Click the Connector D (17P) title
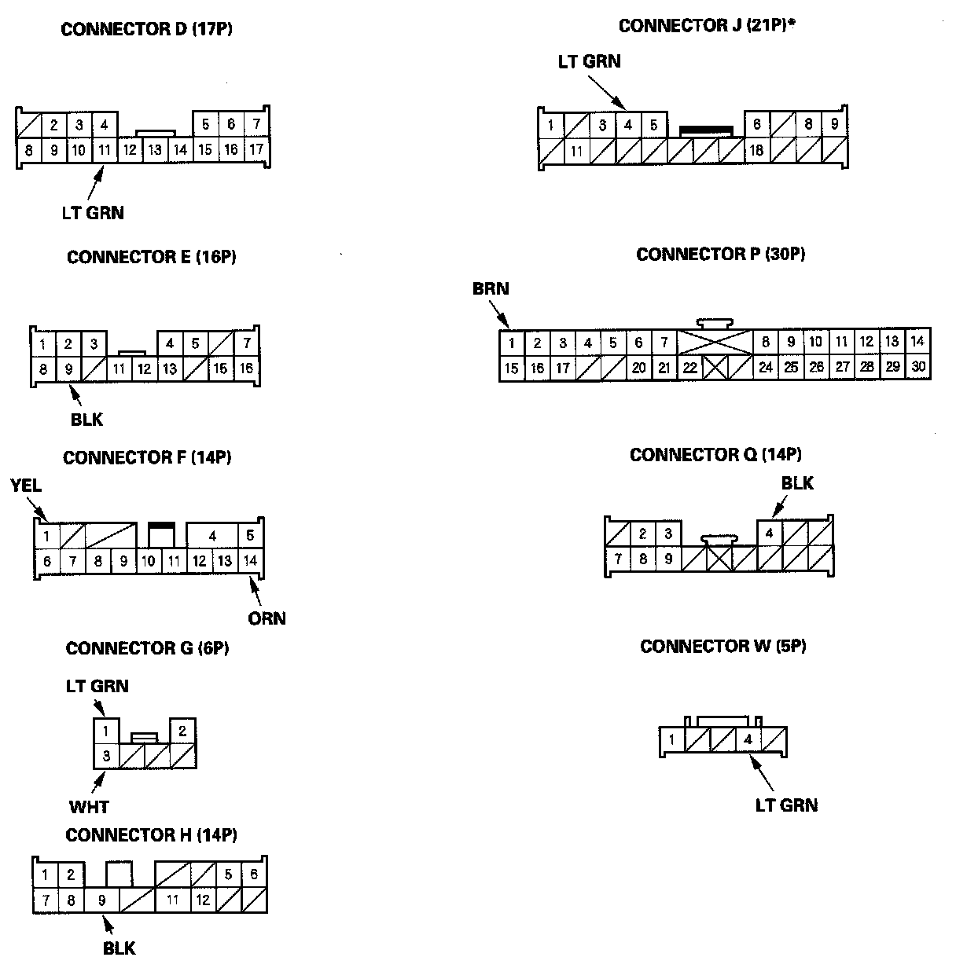click(146, 30)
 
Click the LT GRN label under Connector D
click(93, 212)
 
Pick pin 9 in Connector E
click(68, 368)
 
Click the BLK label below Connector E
click(86, 420)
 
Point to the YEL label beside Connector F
click(26, 486)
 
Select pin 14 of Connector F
click(250, 561)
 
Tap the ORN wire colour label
click(267, 618)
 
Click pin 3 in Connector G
click(106, 757)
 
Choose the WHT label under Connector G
click(89, 807)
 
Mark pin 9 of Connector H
click(101, 900)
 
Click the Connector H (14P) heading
click(151, 834)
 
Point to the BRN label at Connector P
click(491, 289)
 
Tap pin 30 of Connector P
click(917, 367)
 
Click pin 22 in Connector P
click(689, 367)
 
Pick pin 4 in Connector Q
click(770, 533)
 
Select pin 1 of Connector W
click(671, 739)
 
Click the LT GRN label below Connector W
click(786, 805)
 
